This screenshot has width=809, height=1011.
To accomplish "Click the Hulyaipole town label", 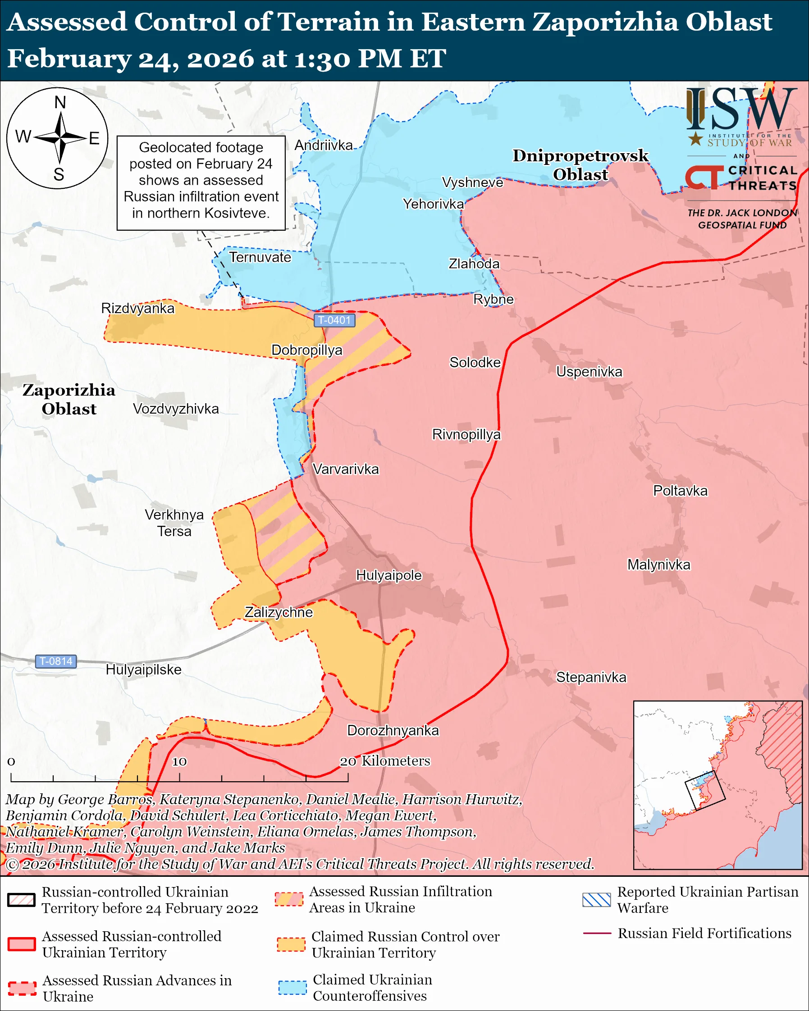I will coord(389,575).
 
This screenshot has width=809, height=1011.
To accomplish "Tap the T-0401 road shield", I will coord(334,320).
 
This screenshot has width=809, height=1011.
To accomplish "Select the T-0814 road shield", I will coord(56,661).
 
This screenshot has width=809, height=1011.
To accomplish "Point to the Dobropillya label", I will coord(307,350).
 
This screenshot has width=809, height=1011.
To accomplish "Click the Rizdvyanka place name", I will coord(138,308).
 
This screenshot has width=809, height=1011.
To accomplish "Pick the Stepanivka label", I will coord(591,677).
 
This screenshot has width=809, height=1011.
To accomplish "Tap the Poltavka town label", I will coord(680,491).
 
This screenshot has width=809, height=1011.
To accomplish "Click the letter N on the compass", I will coord(60,102).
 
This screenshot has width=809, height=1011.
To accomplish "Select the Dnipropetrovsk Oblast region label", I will coord(580,164).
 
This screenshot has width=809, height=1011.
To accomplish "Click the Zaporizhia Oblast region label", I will coord(69,399).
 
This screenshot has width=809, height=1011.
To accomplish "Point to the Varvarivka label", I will coord(346,469).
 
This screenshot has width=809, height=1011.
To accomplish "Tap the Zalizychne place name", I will coord(279,612).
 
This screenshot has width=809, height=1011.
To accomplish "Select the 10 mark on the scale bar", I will coord(179,761).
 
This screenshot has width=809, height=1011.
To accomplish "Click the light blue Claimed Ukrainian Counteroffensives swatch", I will coord(292,987).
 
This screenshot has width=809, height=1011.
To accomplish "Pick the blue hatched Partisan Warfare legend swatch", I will coord(597,900).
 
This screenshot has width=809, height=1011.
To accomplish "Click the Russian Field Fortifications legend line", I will coord(597,934).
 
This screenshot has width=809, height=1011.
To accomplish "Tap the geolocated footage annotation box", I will coord(201,183).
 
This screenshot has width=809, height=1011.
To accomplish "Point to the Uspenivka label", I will coord(589,372).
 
